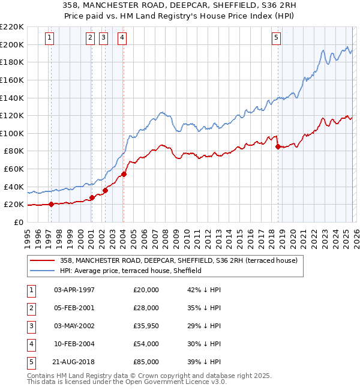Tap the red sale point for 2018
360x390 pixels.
tap(278, 146)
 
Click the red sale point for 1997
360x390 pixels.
tap(51, 204)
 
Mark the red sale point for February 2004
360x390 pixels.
tap(124, 174)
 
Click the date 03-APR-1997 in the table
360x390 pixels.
tap(74, 290)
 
